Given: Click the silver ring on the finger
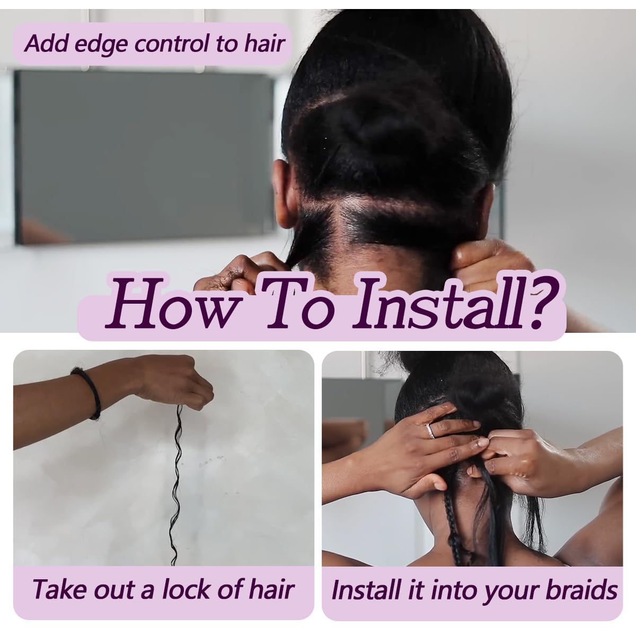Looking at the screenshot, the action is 430,431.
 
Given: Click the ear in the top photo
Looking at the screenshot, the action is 282,191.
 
